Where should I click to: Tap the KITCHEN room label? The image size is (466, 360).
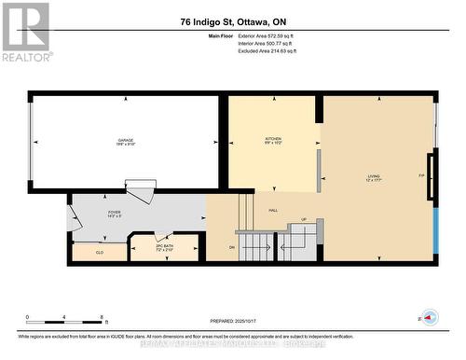tap(272, 142)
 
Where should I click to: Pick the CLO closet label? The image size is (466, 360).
tap(99, 252)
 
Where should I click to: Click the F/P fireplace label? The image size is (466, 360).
tap(421, 175)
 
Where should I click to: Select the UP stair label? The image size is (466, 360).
tap(303, 220)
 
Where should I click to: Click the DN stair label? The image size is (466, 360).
tap(231, 247)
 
